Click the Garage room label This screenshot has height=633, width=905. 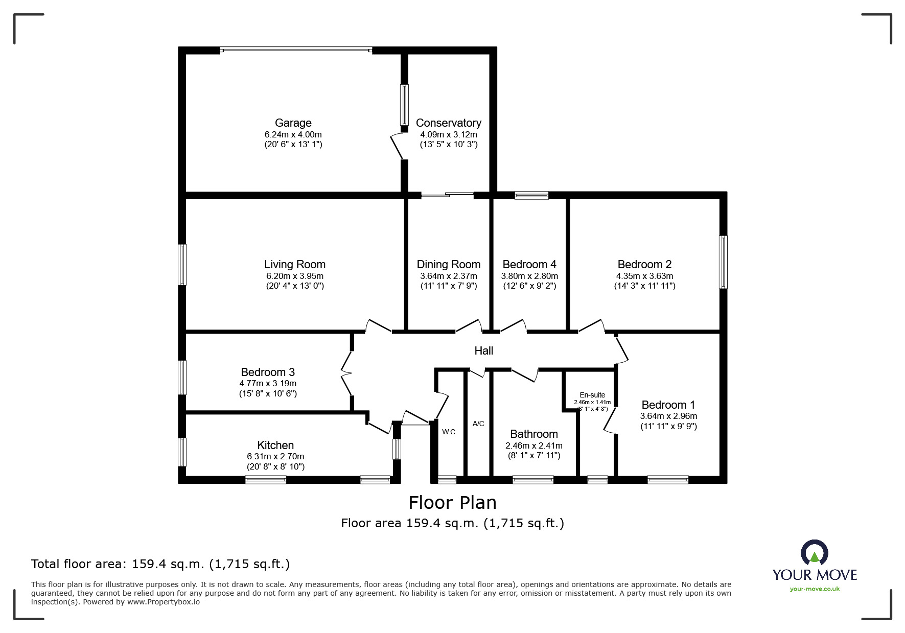[x=293, y=123]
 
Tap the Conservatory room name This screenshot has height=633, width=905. [x=448, y=123]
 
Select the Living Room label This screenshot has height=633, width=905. [x=295, y=264]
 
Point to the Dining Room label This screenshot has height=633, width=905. [x=449, y=264]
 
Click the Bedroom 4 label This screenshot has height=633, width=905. [x=529, y=264]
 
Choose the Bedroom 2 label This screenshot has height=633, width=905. [x=644, y=264]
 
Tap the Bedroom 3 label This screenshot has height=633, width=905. [x=268, y=372]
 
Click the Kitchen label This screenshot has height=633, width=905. [x=275, y=445]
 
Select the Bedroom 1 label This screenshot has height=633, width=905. [x=668, y=405]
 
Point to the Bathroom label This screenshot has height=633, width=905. [x=534, y=434]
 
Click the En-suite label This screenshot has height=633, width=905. [x=592, y=395]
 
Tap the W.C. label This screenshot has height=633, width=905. [x=449, y=432]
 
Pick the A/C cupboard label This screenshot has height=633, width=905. [x=478, y=424]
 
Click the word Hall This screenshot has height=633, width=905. [x=483, y=350]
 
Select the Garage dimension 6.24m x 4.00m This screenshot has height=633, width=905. [x=293, y=134]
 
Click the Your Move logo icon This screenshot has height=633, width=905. [x=814, y=553]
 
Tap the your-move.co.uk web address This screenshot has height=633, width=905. [x=815, y=589]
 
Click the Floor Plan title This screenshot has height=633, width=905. [x=452, y=503]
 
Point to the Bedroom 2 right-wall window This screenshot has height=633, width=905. [x=723, y=262]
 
